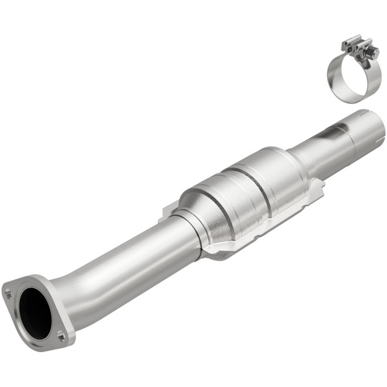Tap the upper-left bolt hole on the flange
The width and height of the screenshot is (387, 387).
9,293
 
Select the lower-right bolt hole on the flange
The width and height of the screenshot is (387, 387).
61,335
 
